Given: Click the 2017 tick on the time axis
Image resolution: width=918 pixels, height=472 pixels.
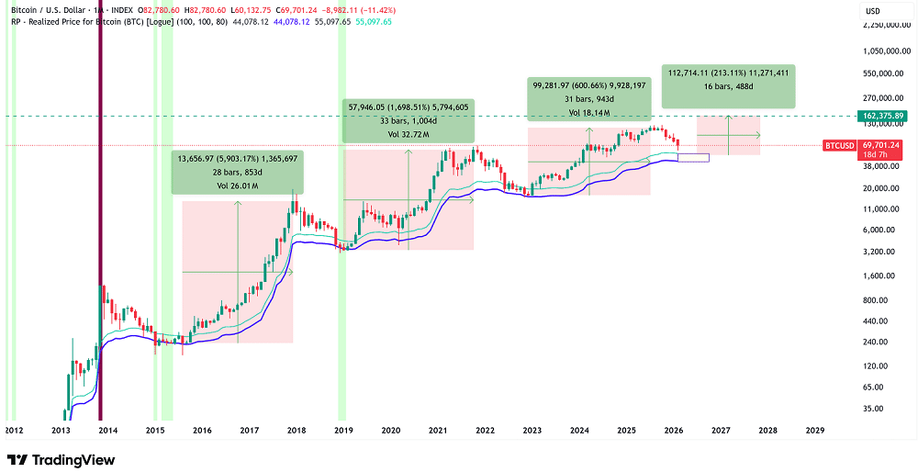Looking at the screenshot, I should (x=248, y=430).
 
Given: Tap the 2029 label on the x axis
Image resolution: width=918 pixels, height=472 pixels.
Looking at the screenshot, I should (x=814, y=430).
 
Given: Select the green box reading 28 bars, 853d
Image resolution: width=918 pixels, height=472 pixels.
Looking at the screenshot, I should (x=238, y=172).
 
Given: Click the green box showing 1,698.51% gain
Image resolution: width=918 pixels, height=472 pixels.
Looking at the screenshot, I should (x=408, y=119).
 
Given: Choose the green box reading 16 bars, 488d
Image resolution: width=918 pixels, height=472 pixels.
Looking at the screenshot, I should (x=729, y=84).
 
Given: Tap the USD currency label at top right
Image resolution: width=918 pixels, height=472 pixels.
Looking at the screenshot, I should (x=872, y=10).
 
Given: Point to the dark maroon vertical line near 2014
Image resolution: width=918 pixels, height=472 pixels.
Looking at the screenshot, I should (x=100, y=230).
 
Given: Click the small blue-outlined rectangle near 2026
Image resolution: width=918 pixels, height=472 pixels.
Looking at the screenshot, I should (x=694, y=159).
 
